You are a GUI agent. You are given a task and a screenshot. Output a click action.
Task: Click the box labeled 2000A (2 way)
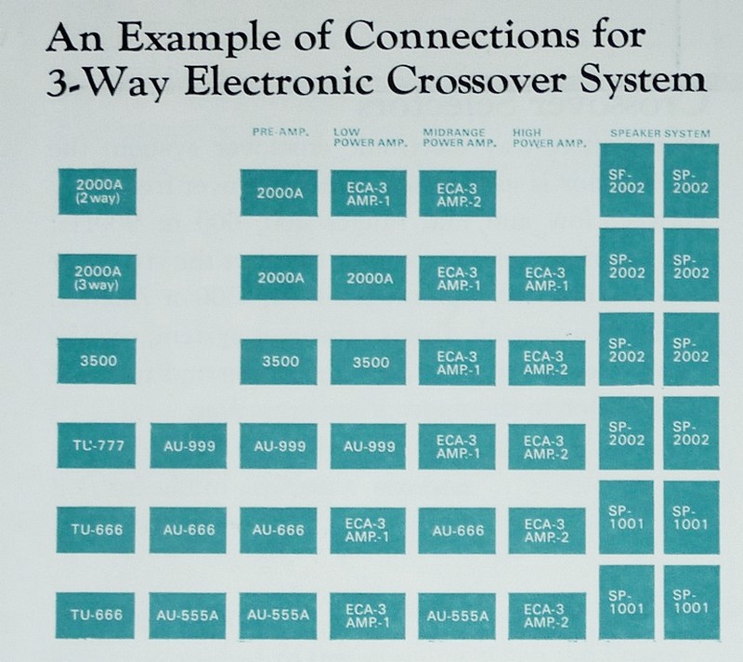click(x=97, y=192)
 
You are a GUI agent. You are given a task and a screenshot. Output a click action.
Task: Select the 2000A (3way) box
click(x=97, y=276)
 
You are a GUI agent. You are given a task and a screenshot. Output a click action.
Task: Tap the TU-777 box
click(x=97, y=445)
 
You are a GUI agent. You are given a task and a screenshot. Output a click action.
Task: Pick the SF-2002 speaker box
click(x=626, y=181)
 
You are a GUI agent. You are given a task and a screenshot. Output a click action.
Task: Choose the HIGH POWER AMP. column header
click(x=545, y=138)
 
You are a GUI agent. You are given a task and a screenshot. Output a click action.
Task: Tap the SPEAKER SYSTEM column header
click(x=659, y=133)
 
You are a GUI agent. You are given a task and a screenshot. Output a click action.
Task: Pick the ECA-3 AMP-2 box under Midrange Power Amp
click(x=456, y=192)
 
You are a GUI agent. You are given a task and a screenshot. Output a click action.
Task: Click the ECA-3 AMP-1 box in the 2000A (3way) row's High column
click(x=546, y=277)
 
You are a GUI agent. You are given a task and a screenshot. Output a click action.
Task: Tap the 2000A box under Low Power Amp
click(x=368, y=277)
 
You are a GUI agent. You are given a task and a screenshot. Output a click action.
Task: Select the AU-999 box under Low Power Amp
click(x=368, y=446)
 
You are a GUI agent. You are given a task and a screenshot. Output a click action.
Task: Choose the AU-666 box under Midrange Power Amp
click(x=456, y=530)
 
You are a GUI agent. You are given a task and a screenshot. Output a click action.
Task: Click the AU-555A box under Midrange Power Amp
click(x=456, y=615)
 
